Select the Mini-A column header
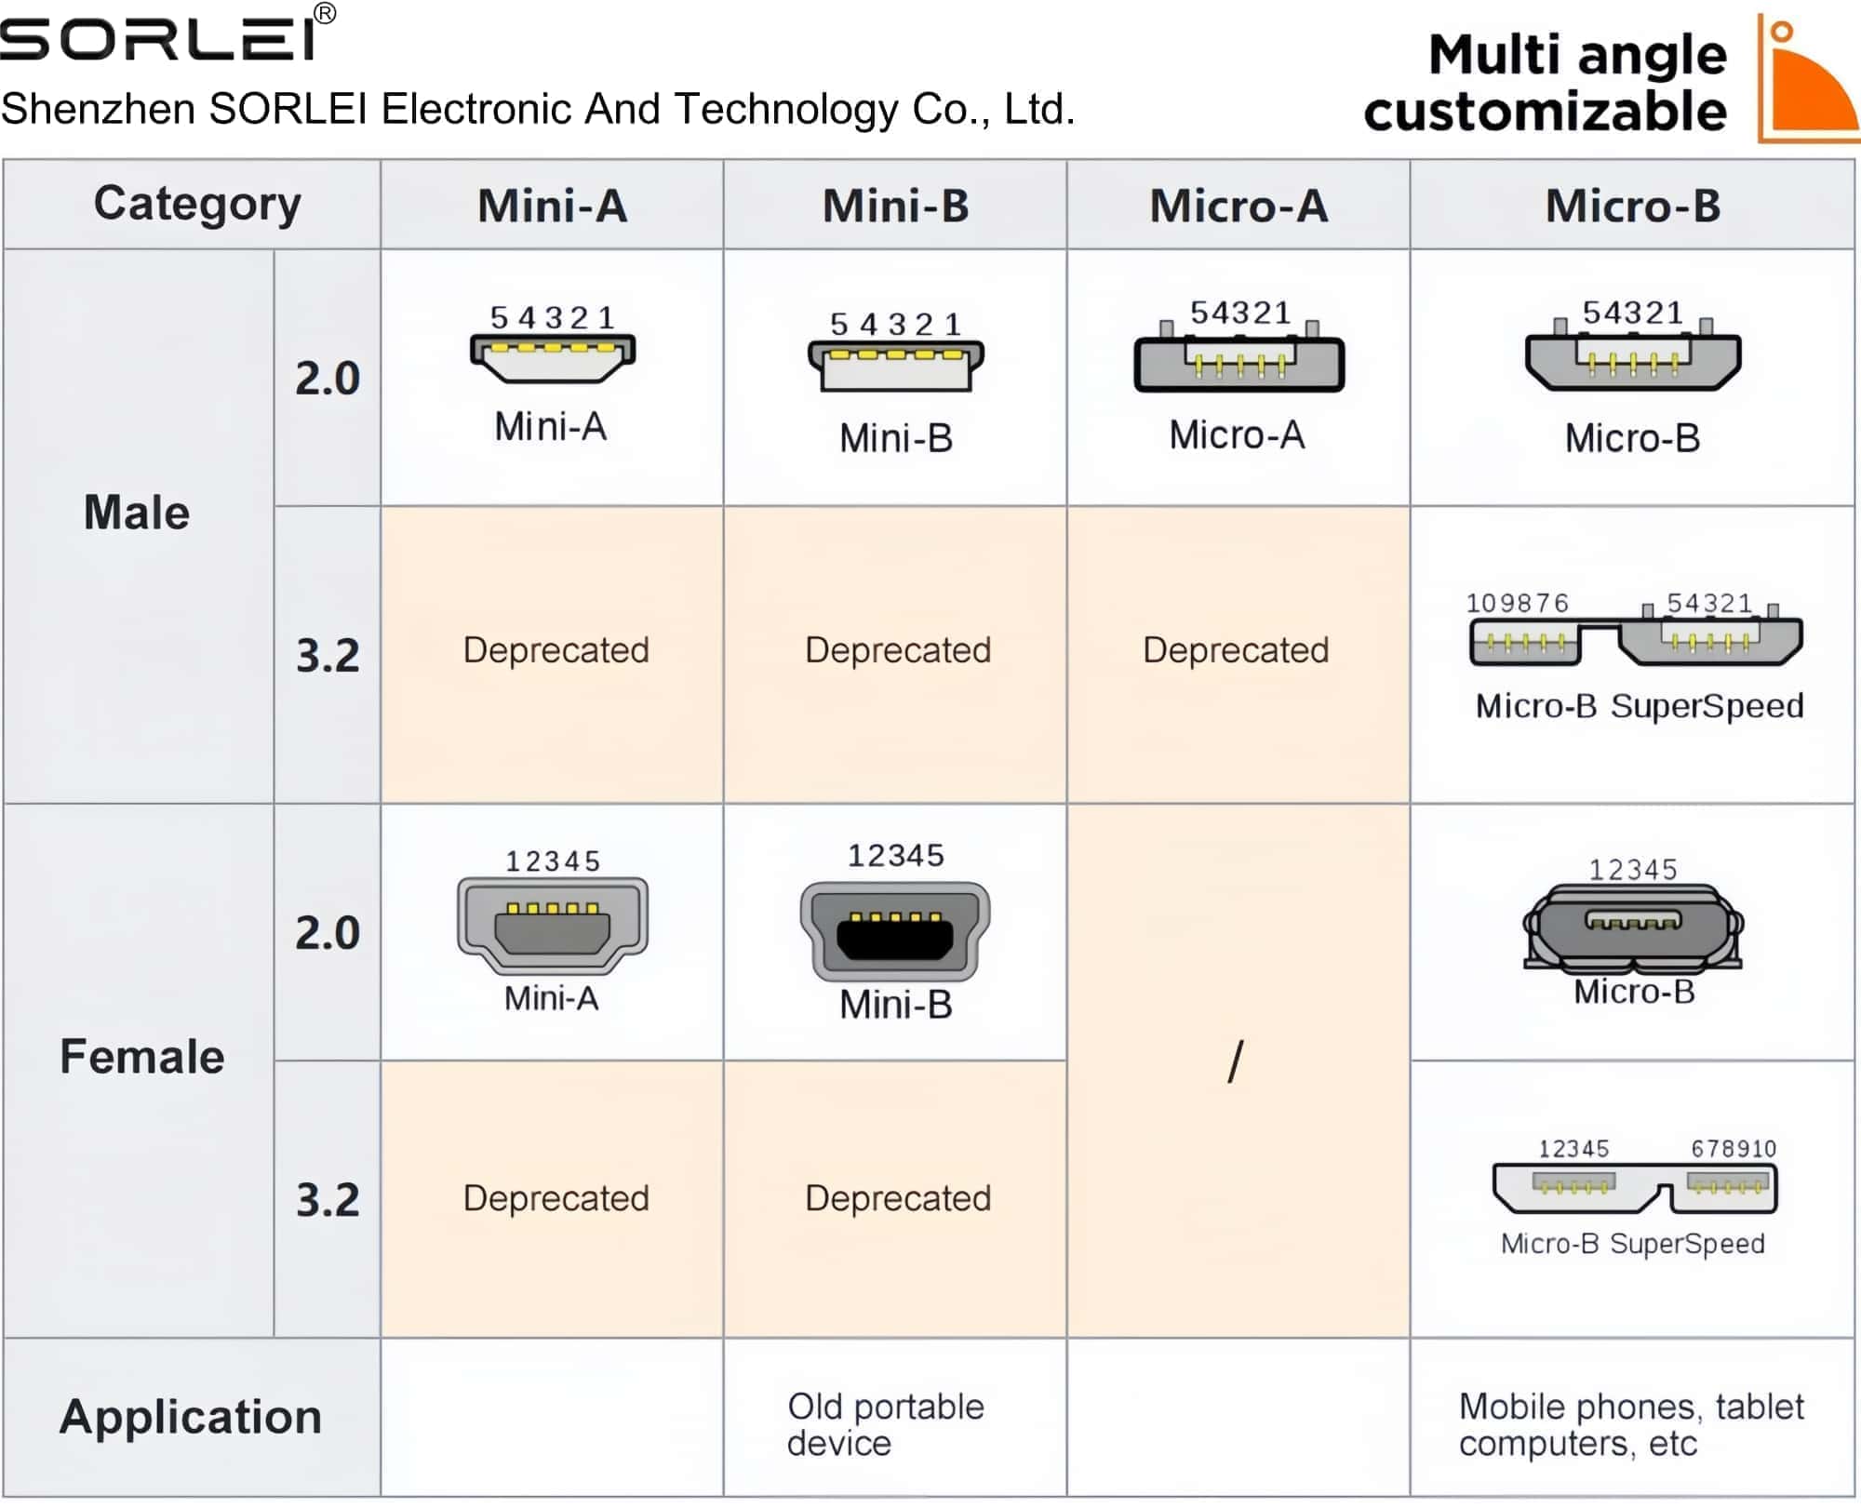pos(552,206)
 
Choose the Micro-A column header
pos(1238,206)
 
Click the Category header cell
pos(197,204)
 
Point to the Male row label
pos(137,513)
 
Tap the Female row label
pos(141,1057)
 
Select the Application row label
pos(191,1417)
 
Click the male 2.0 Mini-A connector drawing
pos(553,358)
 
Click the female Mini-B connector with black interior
pos(895,931)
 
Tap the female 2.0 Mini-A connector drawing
pos(553,926)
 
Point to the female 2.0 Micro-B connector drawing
pos(1633,927)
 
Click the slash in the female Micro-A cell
pos(1236,1061)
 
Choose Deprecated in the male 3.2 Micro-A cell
pos(1236,650)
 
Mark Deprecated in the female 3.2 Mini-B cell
pos(898,1198)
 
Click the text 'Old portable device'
pos(885,1424)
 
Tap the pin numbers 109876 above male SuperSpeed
pos(1518,604)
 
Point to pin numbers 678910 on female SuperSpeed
pos(1734,1149)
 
